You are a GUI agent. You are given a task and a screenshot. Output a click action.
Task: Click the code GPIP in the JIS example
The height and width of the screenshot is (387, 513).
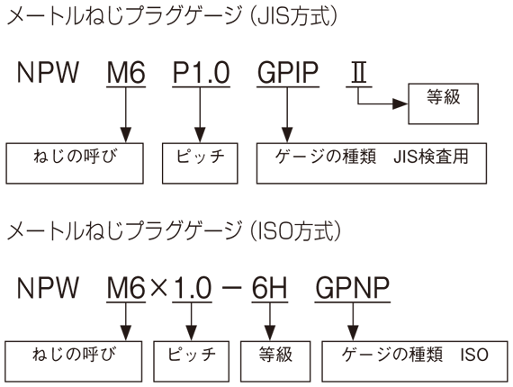point(288,72)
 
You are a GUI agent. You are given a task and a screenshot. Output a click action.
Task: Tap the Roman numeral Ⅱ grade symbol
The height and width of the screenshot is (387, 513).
point(358,72)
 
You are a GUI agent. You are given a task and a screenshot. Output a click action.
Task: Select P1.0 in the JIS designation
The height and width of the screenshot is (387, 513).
point(201,72)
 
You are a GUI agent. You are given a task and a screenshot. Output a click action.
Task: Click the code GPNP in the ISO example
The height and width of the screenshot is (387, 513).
point(353,288)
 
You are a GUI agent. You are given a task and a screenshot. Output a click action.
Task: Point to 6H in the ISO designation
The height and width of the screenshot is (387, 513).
point(270,288)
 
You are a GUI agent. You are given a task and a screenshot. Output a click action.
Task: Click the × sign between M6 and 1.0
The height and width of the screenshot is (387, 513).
point(159,288)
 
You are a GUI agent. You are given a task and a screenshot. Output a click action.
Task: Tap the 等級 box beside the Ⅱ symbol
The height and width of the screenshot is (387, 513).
point(444,103)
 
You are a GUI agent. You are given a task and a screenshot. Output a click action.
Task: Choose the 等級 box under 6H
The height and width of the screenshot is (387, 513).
point(275,361)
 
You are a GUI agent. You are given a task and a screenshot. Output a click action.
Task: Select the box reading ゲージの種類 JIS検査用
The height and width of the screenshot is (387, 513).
point(372,163)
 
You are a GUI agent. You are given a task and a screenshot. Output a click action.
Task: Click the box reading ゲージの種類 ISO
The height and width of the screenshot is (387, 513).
point(415,361)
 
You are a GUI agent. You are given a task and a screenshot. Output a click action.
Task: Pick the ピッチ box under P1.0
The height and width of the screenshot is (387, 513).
point(200,163)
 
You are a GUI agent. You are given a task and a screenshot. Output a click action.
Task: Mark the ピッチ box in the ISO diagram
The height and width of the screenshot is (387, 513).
point(192,361)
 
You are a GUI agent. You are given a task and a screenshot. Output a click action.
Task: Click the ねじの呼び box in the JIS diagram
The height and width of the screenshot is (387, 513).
point(75,163)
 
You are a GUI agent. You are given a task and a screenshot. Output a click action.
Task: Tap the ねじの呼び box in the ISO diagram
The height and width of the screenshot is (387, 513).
point(74,361)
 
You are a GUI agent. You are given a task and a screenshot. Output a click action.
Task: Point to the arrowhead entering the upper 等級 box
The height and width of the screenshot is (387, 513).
point(400,103)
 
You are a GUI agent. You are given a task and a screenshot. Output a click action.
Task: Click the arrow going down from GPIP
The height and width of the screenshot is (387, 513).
point(287,115)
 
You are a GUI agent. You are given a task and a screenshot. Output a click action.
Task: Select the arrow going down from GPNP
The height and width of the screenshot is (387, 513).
point(353,321)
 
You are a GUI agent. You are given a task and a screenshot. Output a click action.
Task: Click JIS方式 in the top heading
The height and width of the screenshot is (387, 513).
point(293,16)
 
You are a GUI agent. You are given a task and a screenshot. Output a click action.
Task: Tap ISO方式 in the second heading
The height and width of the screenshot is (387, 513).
point(295,231)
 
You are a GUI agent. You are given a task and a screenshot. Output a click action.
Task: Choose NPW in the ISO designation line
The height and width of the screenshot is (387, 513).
point(48,288)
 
